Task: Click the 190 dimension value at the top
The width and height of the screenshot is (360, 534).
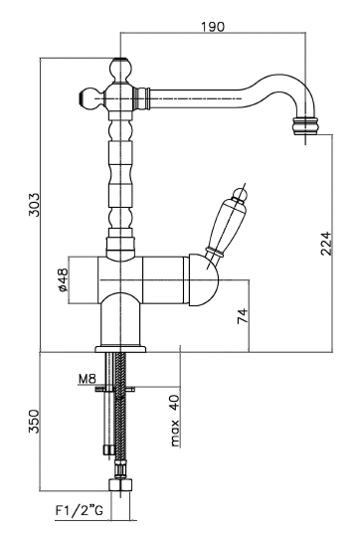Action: pos(213,26)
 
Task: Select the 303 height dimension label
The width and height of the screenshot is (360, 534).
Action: pos(34,205)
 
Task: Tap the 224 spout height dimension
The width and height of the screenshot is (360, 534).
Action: pos(325,244)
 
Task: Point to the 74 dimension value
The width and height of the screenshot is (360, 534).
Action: pos(243,316)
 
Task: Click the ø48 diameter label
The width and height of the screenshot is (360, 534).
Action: pos(63,280)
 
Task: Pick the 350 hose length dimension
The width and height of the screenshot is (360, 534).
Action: pos(34,422)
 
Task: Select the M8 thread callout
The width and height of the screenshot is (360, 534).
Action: pos(88,378)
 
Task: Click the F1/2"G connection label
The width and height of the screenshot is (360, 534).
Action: pos(79,510)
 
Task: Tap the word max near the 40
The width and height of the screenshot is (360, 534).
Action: pos(175,434)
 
